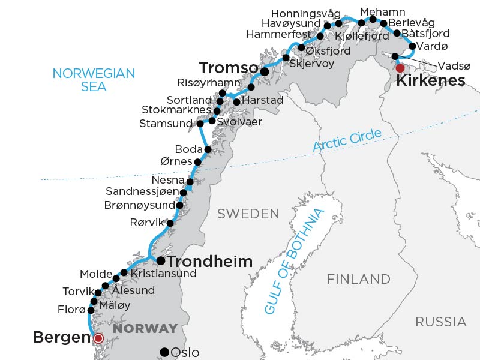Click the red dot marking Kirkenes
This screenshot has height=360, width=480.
(400, 68)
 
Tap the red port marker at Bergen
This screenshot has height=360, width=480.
(99, 338)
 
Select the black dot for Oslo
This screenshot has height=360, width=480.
(164, 352)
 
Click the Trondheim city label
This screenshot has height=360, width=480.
(209, 262)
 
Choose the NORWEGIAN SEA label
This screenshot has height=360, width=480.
(94, 80)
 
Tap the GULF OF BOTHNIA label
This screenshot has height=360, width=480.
(294, 261)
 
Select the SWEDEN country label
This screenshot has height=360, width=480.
(248, 214)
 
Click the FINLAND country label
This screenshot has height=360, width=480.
(358, 279)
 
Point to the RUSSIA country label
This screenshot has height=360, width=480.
(441, 322)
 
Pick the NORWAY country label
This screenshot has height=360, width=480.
(146, 329)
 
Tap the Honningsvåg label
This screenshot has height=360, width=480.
(306, 14)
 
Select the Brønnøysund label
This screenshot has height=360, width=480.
(139, 205)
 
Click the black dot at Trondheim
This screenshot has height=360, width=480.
(161, 260)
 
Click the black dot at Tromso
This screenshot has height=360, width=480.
(265, 71)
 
